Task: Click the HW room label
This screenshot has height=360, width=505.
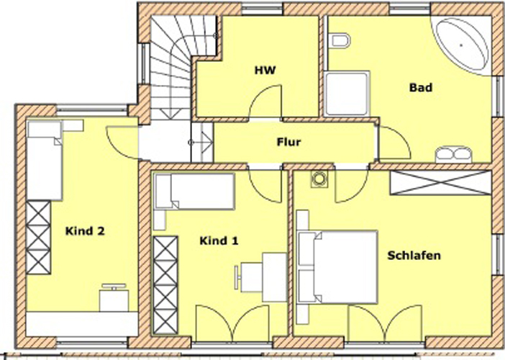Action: pyautogui.click(x=265, y=71)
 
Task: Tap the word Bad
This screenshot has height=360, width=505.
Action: pyautogui.click(x=421, y=87)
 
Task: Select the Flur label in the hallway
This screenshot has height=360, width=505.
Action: pyautogui.click(x=289, y=142)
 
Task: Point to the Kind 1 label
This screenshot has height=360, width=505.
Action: pyautogui.click(x=219, y=240)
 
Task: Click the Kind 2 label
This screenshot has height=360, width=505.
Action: pyautogui.click(x=85, y=231)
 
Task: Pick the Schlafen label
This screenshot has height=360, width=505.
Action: pyautogui.click(x=414, y=256)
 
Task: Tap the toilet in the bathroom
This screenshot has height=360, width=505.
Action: pyautogui.click(x=339, y=40)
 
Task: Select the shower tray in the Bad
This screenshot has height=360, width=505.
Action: pyautogui.click(x=347, y=94)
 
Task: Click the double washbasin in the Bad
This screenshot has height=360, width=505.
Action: pyautogui.click(x=454, y=154)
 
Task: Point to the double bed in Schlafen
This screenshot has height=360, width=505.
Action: pyautogui.click(x=337, y=267)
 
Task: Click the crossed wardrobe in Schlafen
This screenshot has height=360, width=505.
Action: pyautogui.click(x=440, y=183)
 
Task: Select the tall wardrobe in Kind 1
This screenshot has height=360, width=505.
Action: pyautogui.click(x=165, y=286)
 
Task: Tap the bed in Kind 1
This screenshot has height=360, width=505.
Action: pyautogui.click(x=194, y=192)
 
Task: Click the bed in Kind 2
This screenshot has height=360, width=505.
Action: pyautogui.click(x=45, y=160)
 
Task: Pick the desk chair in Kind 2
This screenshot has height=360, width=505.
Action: pyautogui.click(x=114, y=287)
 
